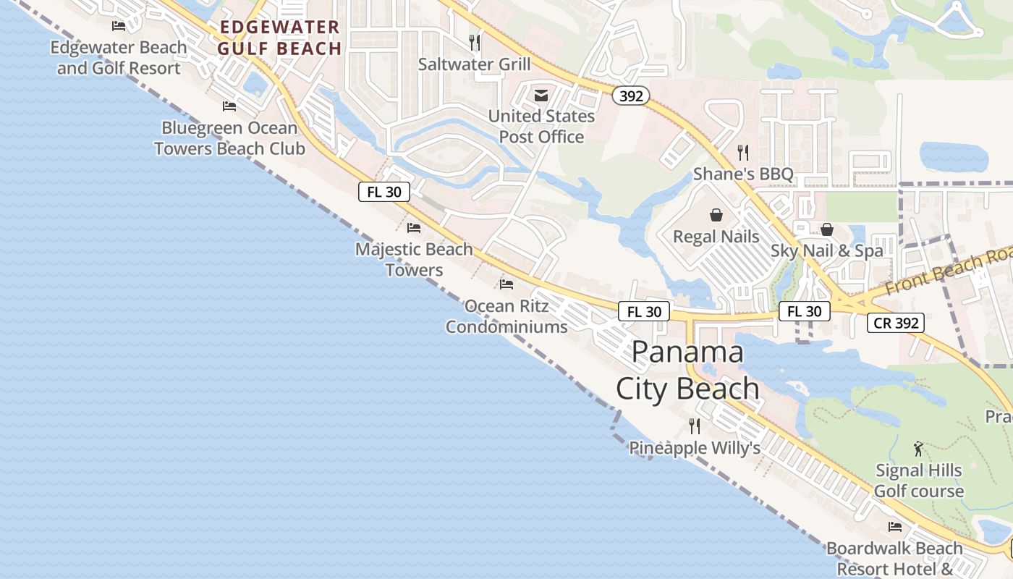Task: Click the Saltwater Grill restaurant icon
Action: tap(475, 42)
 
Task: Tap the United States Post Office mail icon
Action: tap(541, 95)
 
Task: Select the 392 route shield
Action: tap(631, 96)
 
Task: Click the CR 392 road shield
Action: tap(897, 323)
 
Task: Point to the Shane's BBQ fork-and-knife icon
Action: tap(742, 152)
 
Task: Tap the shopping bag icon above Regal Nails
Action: tap(716, 215)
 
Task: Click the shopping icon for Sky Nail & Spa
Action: tap(827, 229)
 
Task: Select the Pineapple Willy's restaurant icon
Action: tap(695, 426)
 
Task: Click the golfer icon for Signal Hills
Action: tap(919, 449)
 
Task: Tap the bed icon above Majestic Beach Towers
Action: tap(414, 227)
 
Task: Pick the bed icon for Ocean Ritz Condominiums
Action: tap(506, 284)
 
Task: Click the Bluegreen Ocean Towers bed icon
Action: tap(229, 106)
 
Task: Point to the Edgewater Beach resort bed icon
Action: tap(119, 26)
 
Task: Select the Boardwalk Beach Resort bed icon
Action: tap(895, 527)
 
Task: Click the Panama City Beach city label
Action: tap(687, 370)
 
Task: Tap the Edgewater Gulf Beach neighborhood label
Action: tap(280, 38)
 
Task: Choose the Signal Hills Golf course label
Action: tap(919, 481)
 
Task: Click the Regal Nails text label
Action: tap(716, 237)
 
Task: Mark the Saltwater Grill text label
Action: tap(475, 64)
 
